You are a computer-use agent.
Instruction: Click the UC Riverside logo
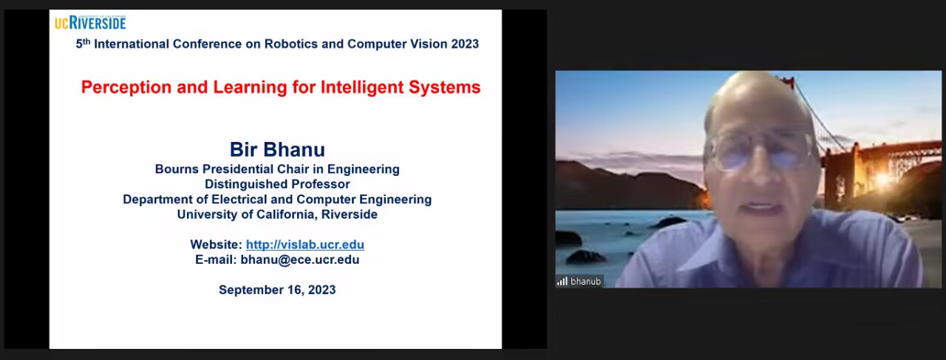(x=90, y=23)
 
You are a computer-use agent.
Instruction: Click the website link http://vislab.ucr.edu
(x=305, y=245)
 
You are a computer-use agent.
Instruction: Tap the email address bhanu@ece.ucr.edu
(x=300, y=259)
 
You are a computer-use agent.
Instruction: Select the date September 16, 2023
(x=277, y=290)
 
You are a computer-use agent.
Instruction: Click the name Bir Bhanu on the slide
(x=277, y=149)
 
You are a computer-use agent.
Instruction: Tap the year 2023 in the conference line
(x=465, y=44)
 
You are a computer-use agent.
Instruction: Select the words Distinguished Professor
(x=277, y=184)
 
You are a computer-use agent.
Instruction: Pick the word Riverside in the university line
(x=350, y=214)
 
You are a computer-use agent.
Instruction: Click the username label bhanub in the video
(x=585, y=282)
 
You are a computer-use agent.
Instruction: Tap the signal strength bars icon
(x=562, y=282)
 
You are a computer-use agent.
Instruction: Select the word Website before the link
(x=216, y=245)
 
